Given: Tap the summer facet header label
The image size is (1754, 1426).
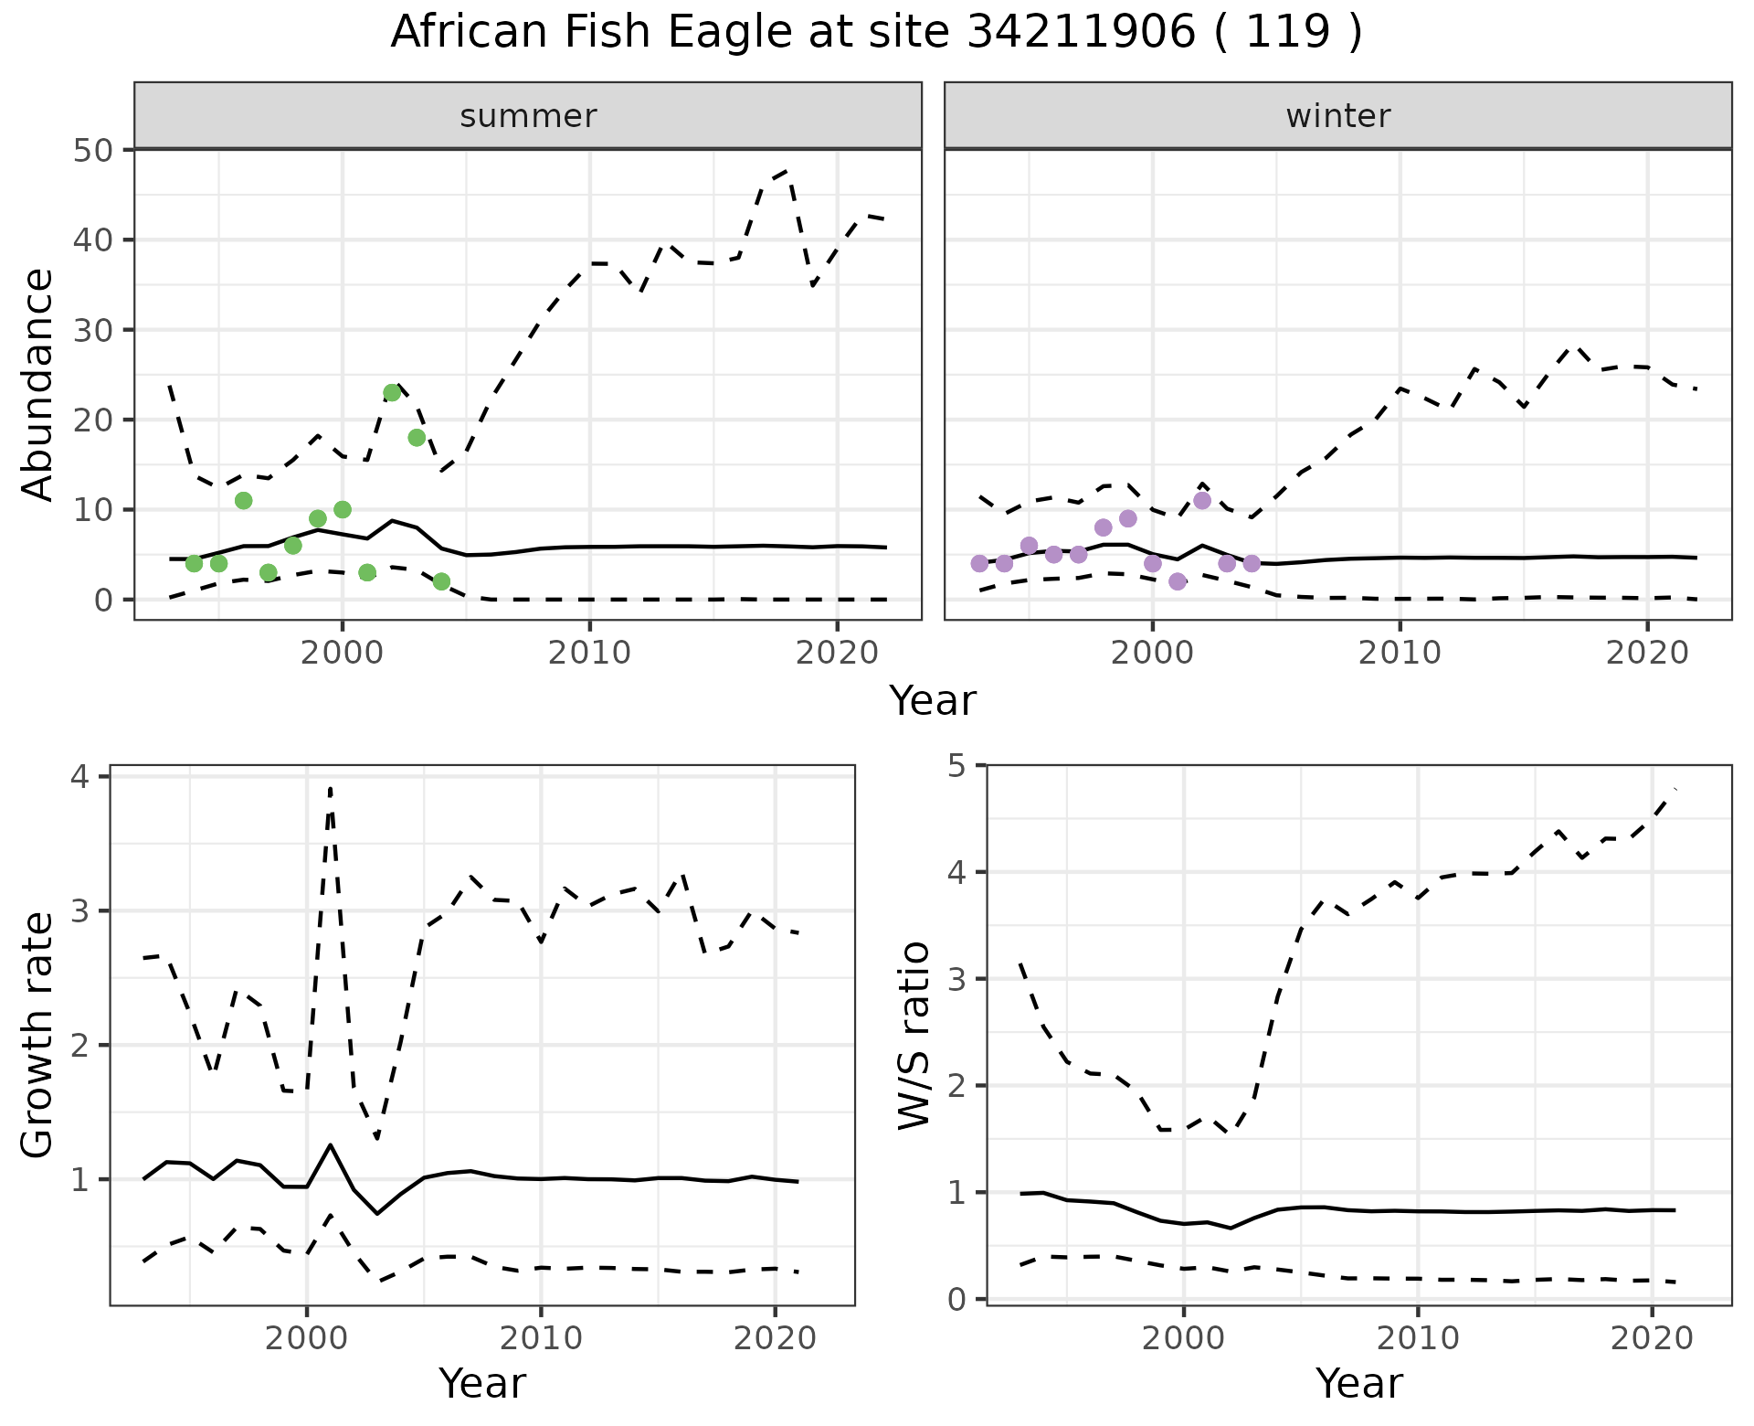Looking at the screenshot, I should point(528,116).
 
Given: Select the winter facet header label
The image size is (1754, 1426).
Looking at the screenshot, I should point(1337,116).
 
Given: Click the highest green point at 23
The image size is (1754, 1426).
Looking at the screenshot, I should point(392,393).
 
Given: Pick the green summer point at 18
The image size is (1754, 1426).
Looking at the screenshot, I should point(417,438).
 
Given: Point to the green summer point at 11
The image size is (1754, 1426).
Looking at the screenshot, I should point(243,501).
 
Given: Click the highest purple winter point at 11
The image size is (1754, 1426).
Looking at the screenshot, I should point(1202,501).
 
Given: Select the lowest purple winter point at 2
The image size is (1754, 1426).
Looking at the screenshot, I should point(1178,581).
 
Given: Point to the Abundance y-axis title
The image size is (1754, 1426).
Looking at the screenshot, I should point(38,384).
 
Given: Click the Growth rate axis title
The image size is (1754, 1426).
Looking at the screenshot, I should point(38,1035).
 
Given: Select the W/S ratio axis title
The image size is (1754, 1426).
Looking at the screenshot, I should point(914,1035).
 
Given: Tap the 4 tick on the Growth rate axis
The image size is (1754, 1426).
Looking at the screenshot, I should point(80,778).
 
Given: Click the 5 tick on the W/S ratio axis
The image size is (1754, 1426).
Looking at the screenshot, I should point(957,765).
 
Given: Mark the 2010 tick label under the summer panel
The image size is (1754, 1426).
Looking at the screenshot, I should point(589,654).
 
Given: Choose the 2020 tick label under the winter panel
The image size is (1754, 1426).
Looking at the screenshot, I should point(1647,654).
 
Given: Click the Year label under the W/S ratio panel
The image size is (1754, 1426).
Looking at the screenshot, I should point(1358,1384).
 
